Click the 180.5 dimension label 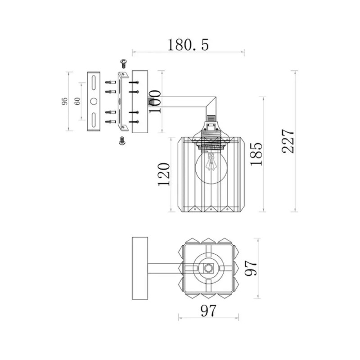tap(188, 45)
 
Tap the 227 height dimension tap(288, 141)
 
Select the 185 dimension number tap(256, 154)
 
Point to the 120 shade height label tap(164, 174)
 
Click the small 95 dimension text tap(65, 101)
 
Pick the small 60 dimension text tap(77, 101)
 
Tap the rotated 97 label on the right tap(251, 268)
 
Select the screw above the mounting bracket tap(124, 63)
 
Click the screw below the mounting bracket tap(122, 140)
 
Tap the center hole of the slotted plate tap(94, 101)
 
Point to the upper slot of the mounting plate tap(94, 83)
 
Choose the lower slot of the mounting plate tap(94, 119)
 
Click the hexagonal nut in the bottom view tap(208, 268)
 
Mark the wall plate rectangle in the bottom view tap(140, 268)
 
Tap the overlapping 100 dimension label tap(155, 101)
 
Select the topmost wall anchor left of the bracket tap(110, 82)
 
